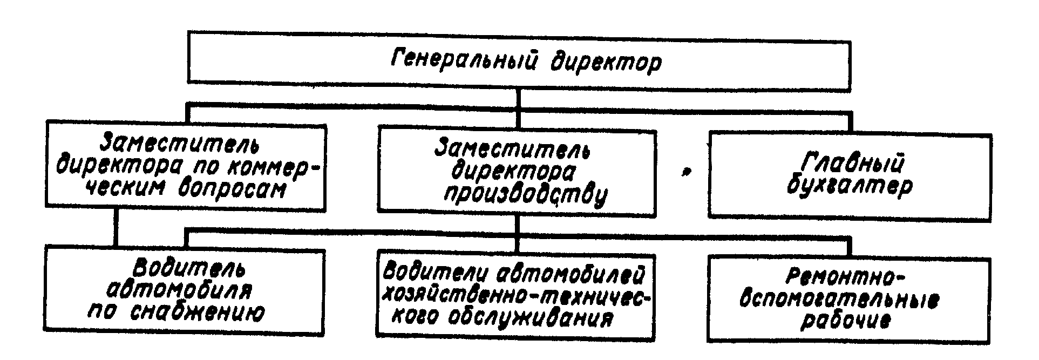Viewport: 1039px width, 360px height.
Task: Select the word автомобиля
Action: click(181, 291)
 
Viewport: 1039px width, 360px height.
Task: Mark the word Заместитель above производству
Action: click(512, 149)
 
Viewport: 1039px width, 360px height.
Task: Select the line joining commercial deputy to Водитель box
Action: click(115, 228)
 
